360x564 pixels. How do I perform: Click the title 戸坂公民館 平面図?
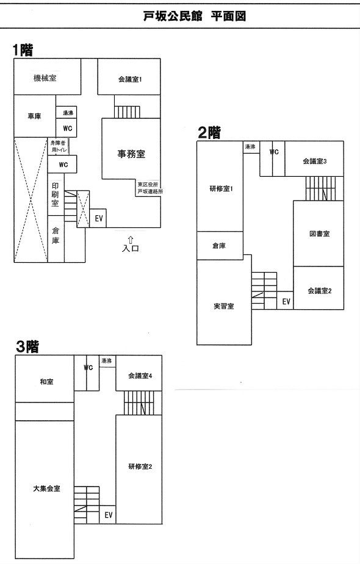[x=195, y=16]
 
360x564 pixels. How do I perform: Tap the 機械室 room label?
[x=45, y=77]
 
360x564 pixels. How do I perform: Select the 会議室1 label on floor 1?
[x=130, y=79]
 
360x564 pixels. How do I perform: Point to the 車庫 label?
[x=35, y=116]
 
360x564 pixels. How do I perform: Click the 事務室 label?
[x=131, y=154]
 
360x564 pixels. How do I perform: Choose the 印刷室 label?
[x=55, y=195]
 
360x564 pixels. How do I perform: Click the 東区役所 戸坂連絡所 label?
[x=149, y=188]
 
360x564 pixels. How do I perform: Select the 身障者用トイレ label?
[x=59, y=146]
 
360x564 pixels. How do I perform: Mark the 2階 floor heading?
[x=209, y=132]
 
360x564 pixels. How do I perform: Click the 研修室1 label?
[x=221, y=188]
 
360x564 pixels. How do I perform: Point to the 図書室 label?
[x=320, y=234]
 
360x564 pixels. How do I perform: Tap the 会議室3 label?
[x=315, y=161]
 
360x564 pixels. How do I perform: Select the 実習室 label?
[x=223, y=306]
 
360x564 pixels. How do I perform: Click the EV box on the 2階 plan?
[x=286, y=301]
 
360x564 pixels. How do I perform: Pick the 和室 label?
[x=46, y=382]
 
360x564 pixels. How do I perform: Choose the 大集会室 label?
[x=46, y=488]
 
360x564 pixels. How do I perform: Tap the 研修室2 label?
[x=140, y=466]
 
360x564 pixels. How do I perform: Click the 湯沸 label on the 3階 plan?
[x=107, y=361]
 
